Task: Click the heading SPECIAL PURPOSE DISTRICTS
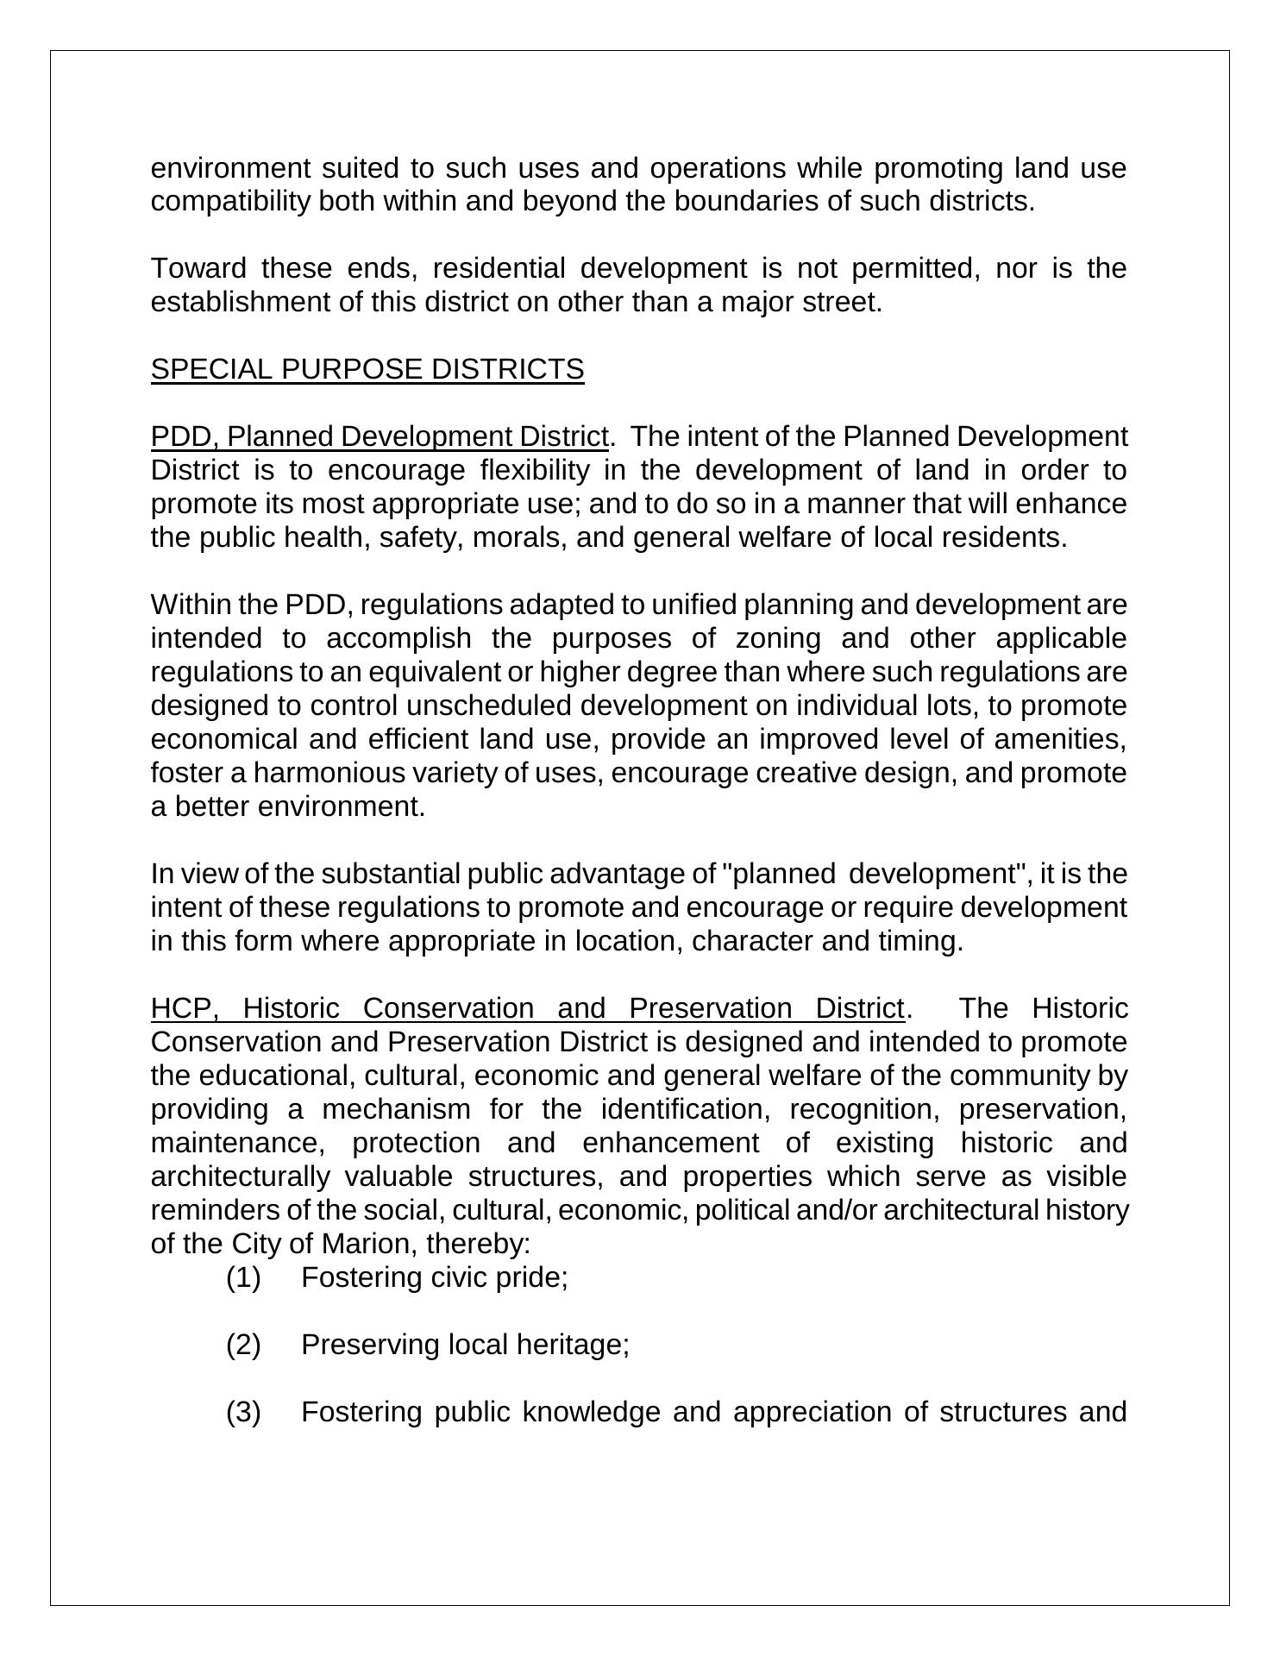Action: [x=367, y=369]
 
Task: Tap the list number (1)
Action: [x=243, y=1278]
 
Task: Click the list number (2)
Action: [x=243, y=1345]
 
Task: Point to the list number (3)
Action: [x=243, y=1413]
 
